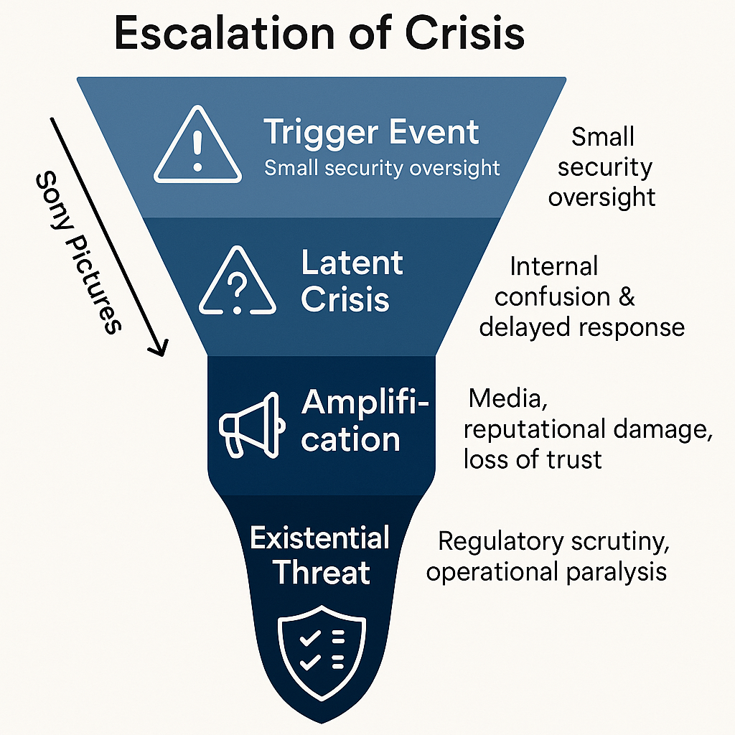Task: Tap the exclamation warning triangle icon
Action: point(197,144)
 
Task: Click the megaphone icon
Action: point(252,425)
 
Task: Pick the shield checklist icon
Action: point(322,652)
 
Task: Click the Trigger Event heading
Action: point(371,133)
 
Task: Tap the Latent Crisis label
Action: point(352,281)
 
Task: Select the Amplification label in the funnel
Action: point(365,421)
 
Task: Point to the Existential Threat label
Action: point(320,555)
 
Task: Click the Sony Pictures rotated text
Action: point(78,253)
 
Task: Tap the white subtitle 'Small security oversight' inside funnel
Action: point(382,168)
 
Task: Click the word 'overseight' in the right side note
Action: point(601,197)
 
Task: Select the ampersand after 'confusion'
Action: point(627,296)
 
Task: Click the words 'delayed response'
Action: point(581,327)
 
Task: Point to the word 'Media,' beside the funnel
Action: point(507,399)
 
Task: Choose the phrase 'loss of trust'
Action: point(533,459)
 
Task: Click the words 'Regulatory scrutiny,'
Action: point(553,543)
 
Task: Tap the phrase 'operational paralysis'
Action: point(546,572)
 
